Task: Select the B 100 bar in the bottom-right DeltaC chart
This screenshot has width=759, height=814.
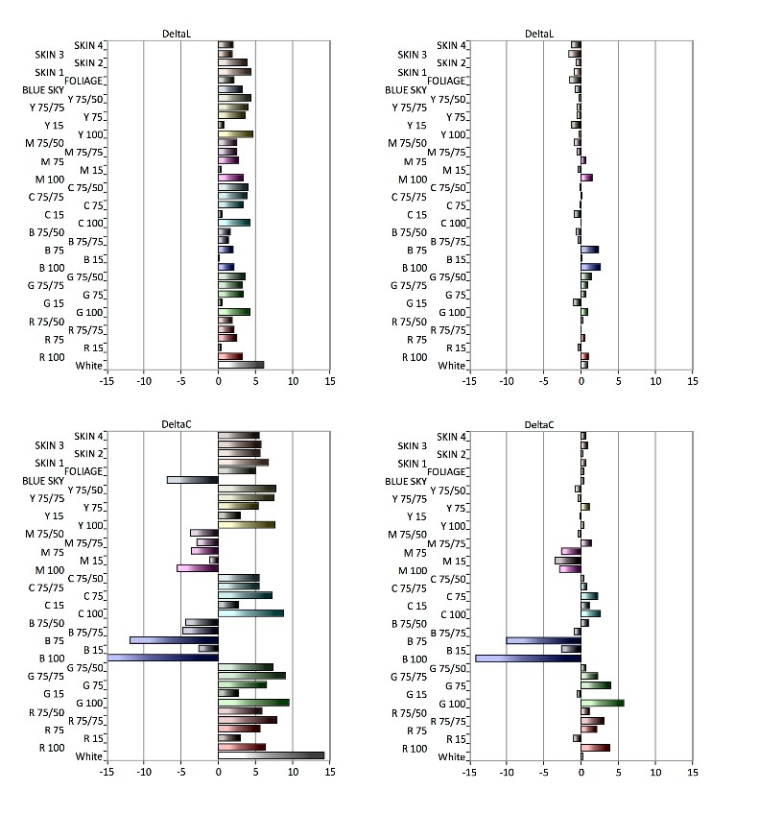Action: click(528, 658)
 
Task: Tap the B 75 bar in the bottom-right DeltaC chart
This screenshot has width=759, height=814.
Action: click(543, 639)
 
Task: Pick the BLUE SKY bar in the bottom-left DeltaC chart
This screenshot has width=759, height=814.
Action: click(192, 480)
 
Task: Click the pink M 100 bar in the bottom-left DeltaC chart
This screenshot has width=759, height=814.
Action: click(198, 568)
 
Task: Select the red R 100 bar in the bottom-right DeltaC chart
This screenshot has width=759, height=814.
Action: click(595, 747)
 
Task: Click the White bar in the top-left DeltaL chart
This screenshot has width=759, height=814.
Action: click(241, 365)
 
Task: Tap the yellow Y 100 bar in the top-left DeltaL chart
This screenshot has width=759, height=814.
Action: click(236, 134)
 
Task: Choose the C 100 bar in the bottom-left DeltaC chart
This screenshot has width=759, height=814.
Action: click(251, 613)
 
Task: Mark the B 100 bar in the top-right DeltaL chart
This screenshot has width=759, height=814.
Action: click(590, 267)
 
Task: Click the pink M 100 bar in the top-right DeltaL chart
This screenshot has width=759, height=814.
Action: click(586, 178)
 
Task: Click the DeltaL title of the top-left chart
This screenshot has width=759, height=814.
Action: click(177, 34)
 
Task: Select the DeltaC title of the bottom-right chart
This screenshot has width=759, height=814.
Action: click(538, 424)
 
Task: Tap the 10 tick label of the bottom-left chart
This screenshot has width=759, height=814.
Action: click(293, 773)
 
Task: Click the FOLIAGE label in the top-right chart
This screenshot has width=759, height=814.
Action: click(447, 81)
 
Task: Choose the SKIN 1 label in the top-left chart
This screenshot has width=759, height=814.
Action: click(49, 72)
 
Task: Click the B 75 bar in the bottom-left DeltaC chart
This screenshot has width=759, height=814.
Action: click(174, 639)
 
